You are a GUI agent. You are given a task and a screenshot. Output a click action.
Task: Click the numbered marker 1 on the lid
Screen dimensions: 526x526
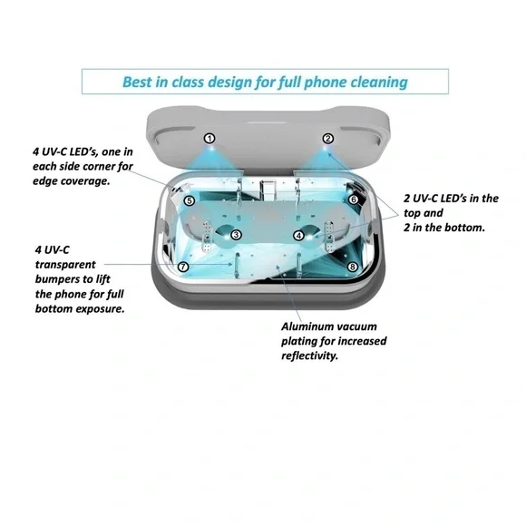click(x=209, y=139)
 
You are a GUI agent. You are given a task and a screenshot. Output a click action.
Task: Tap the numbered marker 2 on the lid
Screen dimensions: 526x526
click(x=327, y=139)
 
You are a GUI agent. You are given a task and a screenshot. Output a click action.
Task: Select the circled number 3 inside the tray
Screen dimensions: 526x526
click(x=236, y=235)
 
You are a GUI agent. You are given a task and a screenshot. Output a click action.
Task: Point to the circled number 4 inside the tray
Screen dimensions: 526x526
click(x=298, y=236)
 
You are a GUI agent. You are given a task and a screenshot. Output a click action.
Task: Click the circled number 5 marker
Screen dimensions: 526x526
click(x=189, y=200)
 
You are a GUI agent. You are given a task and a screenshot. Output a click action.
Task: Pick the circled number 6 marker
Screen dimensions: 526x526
click(x=353, y=199)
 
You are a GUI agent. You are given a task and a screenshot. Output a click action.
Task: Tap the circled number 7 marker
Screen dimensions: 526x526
click(x=183, y=267)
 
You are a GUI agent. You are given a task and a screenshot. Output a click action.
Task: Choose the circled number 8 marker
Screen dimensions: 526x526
click(x=352, y=267)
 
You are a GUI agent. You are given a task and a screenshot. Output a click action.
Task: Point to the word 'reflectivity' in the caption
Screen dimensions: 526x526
click(x=311, y=356)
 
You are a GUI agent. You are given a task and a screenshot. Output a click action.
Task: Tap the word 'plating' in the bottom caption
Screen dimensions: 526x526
click(x=297, y=341)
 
